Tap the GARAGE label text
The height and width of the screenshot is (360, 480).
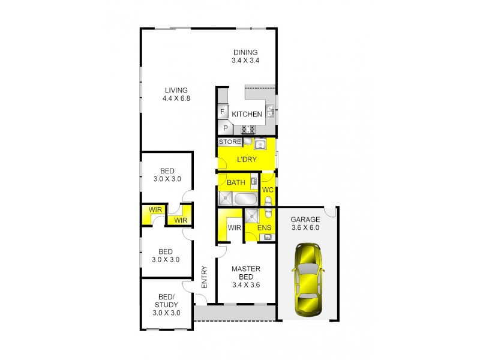[x=305, y=219]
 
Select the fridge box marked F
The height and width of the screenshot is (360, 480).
[x=223, y=112]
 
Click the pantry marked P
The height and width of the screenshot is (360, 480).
[x=226, y=128]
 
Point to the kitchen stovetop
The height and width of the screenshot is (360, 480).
[x=248, y=128]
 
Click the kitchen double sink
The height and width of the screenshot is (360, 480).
[x=270, y=111]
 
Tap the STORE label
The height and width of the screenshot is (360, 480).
[x=230, y=142]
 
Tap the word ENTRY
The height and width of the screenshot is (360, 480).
[x=204, y=277]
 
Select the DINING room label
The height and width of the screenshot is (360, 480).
[x=245, y=52]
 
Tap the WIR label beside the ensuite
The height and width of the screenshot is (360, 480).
[x=234, y=227]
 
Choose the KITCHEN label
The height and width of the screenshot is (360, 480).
[x=247, y=114]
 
